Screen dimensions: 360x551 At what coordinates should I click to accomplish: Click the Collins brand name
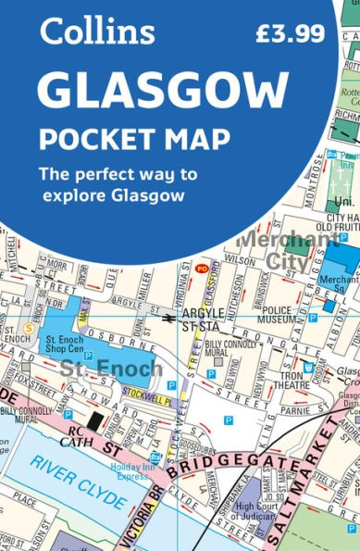(x=96, y=32)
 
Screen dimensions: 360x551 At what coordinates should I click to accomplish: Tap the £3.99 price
(x=290, y=34)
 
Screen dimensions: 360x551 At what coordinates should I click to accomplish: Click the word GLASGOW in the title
(x=163, y=92)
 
